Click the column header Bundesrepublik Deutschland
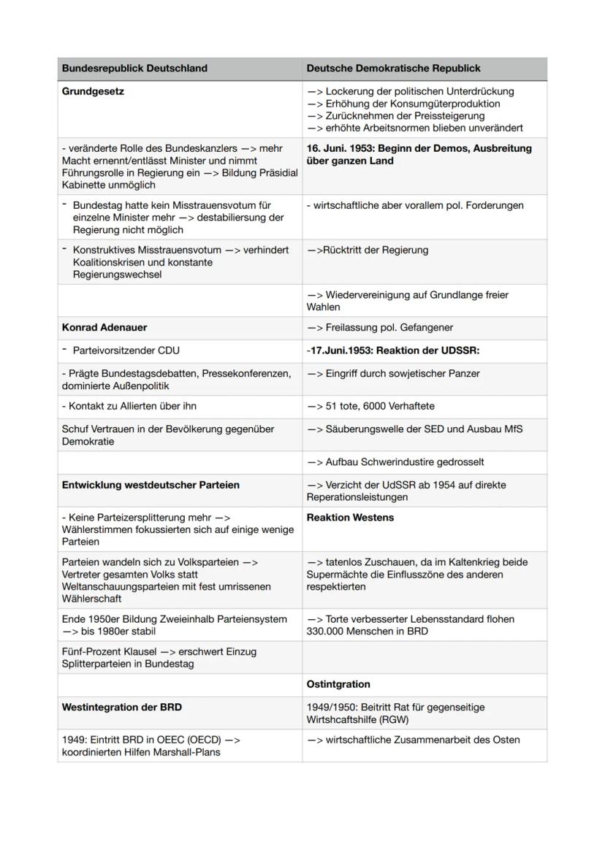pos(134,68)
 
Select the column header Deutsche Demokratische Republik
pos(393,68)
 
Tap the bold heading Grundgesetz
pos(93,91)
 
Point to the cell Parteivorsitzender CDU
pos(126,350)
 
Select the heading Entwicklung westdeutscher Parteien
pos(151,485)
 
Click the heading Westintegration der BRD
pos(122,707)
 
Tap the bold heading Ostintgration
pos(338,684)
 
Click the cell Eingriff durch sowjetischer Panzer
pos(393,374)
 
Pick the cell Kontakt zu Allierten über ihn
pos(129,406)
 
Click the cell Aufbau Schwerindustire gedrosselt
pos(395,461)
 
